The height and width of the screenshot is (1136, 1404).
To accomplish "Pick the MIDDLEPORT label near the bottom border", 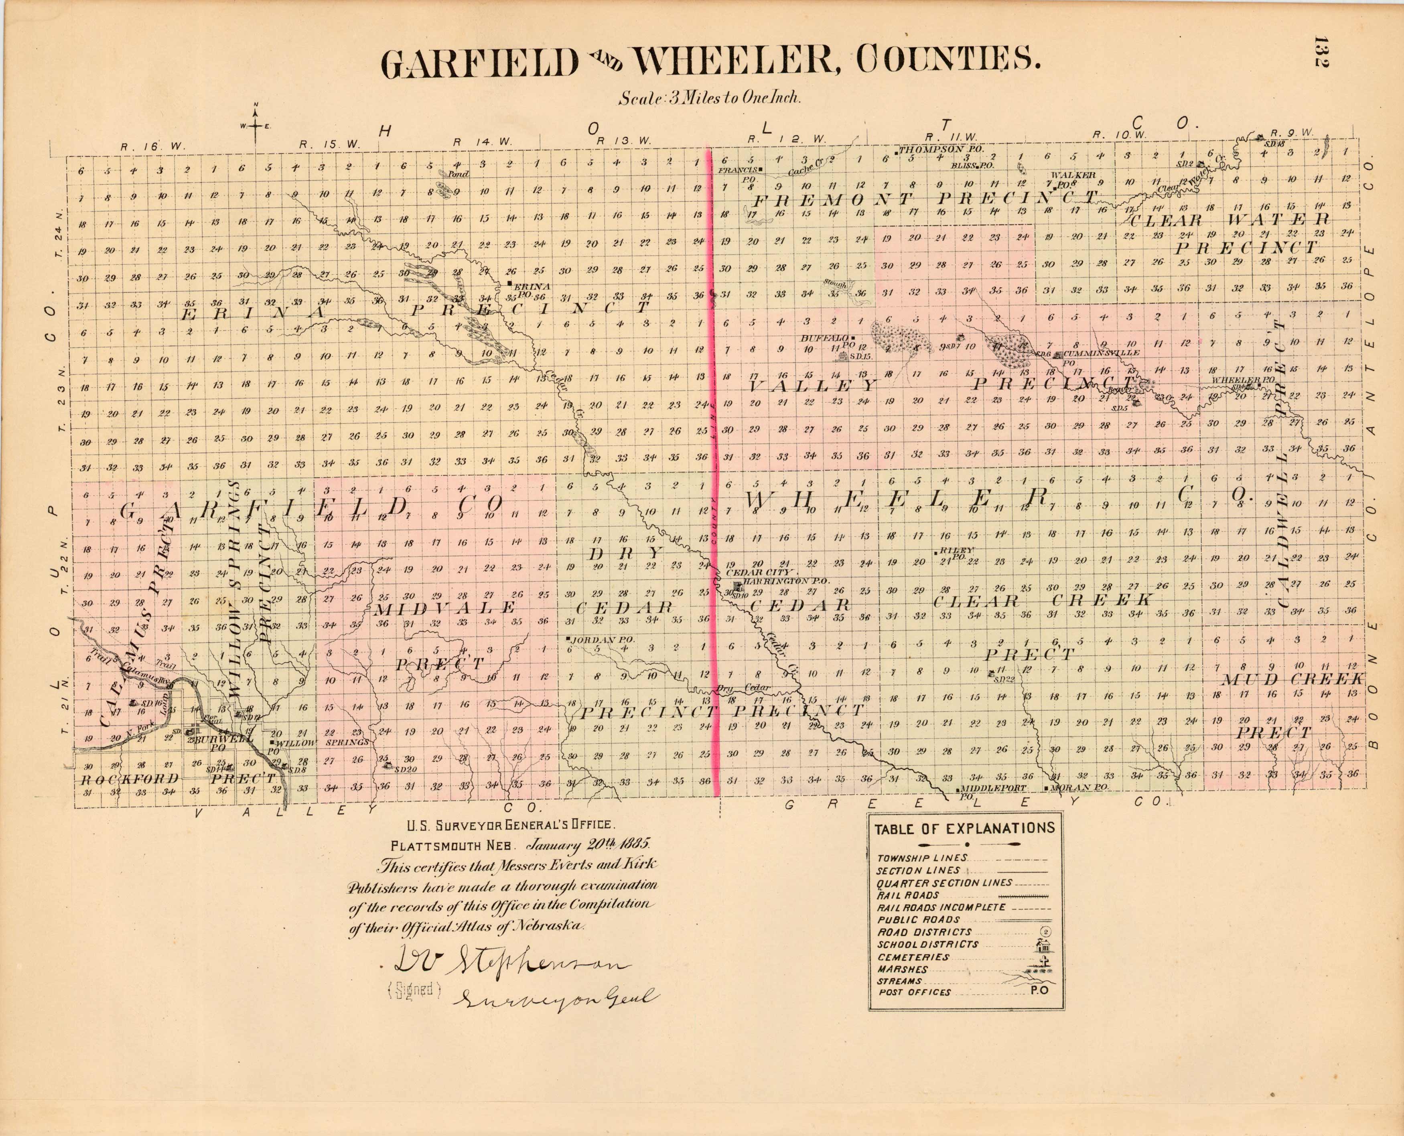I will (994, 789).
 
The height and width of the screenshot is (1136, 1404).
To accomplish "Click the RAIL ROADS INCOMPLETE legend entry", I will (941, 908).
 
